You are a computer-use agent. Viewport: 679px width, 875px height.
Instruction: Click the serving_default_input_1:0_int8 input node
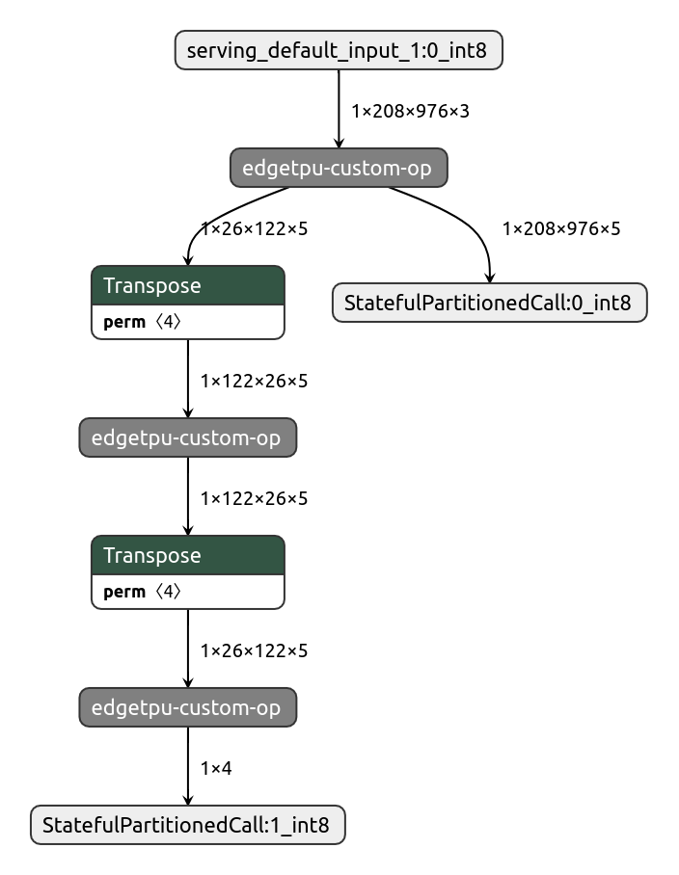coord(339,50)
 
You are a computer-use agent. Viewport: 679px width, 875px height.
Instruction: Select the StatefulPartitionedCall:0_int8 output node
coord(489,303)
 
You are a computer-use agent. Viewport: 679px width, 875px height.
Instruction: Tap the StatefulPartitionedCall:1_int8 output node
coord(187,826)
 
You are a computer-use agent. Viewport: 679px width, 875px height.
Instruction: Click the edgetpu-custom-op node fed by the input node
coord(339,168)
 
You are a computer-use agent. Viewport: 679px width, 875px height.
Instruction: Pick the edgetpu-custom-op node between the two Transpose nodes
coord(187,438)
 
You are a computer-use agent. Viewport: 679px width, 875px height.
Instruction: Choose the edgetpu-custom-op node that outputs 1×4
coord(187,708)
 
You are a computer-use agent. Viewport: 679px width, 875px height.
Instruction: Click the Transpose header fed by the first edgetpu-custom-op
coord(187,285)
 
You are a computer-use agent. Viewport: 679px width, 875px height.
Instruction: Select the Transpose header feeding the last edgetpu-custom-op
coord(187,555)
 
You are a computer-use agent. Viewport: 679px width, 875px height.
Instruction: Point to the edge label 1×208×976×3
coord(410,111)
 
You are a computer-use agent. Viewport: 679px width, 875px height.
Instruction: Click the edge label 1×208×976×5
coord(561,228)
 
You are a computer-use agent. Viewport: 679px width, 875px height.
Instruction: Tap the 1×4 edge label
coord(216,768)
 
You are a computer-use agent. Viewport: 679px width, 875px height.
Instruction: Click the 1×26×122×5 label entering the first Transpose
coord(254,228)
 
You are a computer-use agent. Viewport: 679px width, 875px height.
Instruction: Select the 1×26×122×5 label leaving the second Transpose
coord(254,650)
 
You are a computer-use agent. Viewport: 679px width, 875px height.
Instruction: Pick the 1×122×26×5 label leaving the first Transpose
coord(254,381)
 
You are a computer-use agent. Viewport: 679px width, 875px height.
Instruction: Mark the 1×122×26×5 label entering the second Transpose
coord(254,498)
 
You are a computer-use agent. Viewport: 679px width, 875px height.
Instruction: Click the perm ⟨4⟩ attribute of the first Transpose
coord(142,322)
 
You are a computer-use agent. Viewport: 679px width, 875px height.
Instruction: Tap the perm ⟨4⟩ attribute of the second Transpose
coord(142,592)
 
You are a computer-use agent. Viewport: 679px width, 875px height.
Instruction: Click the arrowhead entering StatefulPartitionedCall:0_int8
coord(489,278)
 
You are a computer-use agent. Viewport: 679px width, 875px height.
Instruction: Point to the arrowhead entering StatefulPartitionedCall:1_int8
coord(187,800)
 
